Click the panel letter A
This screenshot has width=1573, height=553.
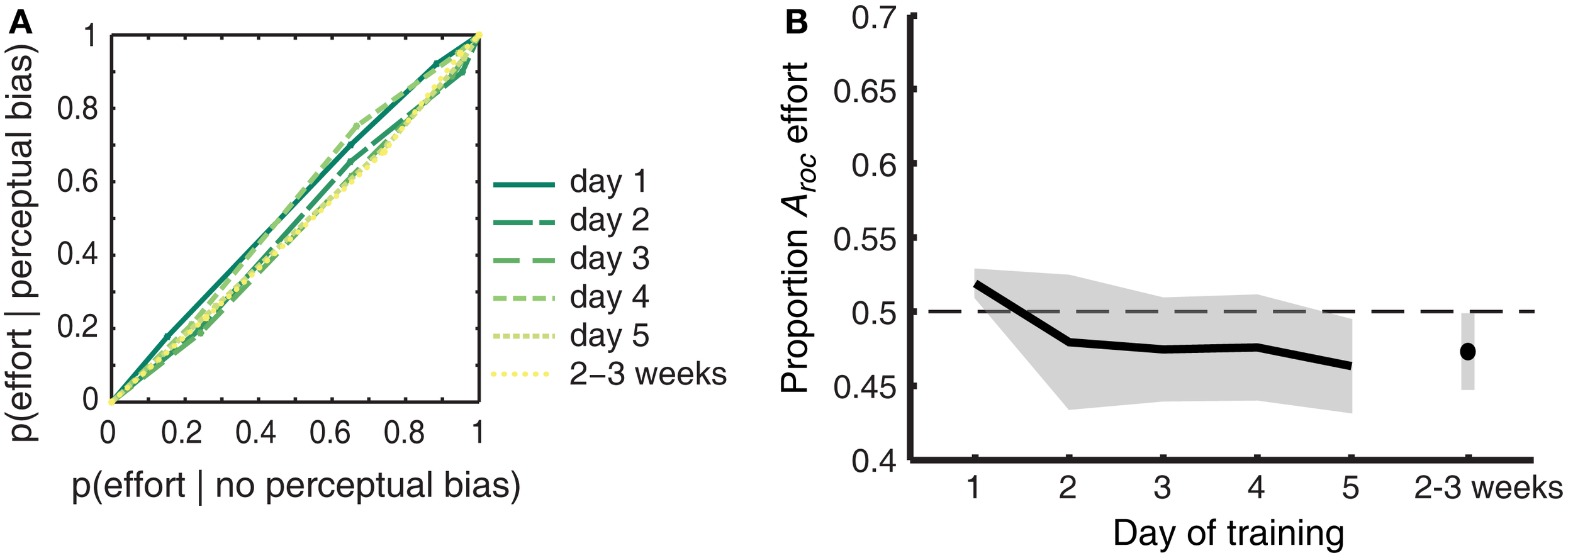tap(21, 23)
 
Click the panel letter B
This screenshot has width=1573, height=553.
tap(797, 23)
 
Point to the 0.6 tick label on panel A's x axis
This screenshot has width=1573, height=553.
tap(330, 433)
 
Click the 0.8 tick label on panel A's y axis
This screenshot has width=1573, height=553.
tap(77, 109)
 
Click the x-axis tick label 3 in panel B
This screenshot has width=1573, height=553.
tap(1162, 488)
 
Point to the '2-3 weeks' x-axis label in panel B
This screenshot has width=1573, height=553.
tap(1488, 488)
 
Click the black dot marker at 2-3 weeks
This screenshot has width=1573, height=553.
tap(1467, 351)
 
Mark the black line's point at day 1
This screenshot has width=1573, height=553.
tap(975, 284)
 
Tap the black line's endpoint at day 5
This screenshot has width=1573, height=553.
tap(1350, 366)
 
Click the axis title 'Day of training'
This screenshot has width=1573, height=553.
tap(1228, 533)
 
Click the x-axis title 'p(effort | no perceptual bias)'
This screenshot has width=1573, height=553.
tap(296, 486)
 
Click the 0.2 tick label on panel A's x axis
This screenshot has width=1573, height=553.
tap(181, 433)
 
